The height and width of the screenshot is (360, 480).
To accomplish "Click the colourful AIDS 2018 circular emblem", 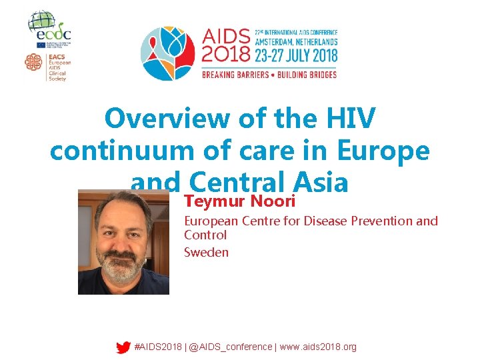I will point(168,53).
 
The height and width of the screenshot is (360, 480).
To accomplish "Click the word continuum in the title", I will point(119,151).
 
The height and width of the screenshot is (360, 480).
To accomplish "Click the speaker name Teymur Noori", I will point(239,201).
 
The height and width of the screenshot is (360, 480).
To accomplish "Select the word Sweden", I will point(206,252).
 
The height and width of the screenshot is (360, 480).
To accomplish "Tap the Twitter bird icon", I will point(123,347).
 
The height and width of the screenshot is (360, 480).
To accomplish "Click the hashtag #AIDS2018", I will point(158,347).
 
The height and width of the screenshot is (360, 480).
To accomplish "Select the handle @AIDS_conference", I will point(231,347).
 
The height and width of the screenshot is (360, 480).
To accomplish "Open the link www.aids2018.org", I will point(318,347).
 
